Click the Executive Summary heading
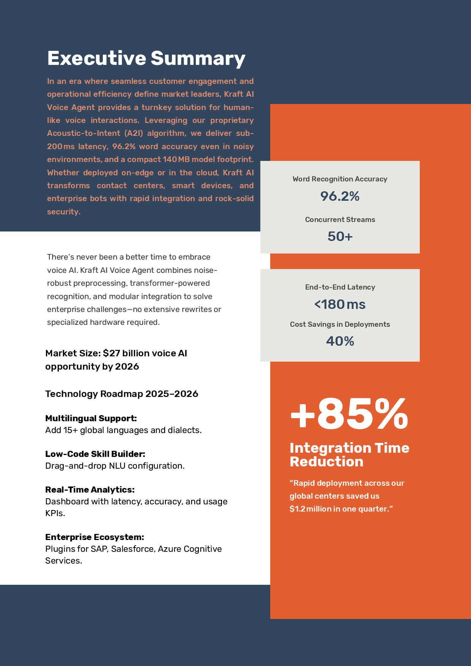pyautogui.click(x=146, y=58)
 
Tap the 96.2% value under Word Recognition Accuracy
pyautogui.click(x=340, y=196)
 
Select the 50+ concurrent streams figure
pyautogui.click(x=340, y=236)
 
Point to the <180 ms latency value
pyautogui.click(x=340, y=304)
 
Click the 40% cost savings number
pyautogui.click(x=340, y=341)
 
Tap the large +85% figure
pyautogui.click(x=349, y=414)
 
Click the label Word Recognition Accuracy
pyautogui.click(x=340, y=179)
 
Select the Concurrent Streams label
pyautogui.click(x=340, y=220)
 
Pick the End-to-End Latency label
pyautogui.click(x=340, y=287)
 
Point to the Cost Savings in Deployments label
pyautogui.click(x=340, y=324)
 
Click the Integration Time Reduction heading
pyautogui.click(x=350, y=455)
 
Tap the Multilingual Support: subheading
pyautogui.click(x=91, y=418)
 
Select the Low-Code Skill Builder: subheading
pyautogui.click(x=95, y=454)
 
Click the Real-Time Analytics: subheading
pyautogui.click(x=90, y=490)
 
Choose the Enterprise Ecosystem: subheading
pyautogui.click(x=95, y=537)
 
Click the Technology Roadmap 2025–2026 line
pyautogui.click(x=122, y=394)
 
